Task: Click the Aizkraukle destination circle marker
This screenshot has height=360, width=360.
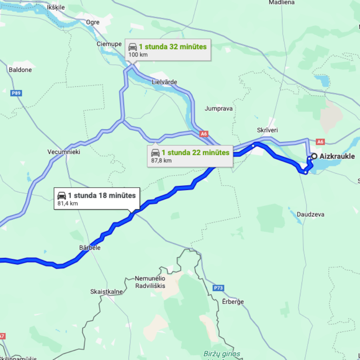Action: pos(314,156)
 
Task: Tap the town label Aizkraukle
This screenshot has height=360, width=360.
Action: pos(337,156)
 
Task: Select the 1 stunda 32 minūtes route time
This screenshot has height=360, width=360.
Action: pos(173,47)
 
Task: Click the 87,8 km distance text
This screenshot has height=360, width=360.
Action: pos(162,160)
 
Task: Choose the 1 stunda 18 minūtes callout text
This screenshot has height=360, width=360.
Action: pos(102,196)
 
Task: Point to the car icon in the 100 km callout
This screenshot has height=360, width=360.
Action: pos(132,47)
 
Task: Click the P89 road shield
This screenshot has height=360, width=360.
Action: pos(16,93)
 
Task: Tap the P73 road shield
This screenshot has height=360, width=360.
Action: pos(218,288)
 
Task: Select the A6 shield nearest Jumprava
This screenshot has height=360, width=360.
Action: pos(204,134)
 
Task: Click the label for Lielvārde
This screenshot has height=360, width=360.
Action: pos(164,82)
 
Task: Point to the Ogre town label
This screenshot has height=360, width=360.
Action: pos(93,22)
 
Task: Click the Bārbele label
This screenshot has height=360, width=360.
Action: pos(90,248)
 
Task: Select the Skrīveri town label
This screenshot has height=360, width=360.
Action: pos(267,130)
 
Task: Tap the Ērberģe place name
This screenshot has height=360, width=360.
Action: pos(233,302)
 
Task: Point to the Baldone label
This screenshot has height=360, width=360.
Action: pos(20,70)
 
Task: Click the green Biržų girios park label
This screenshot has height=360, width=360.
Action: pos(222,354)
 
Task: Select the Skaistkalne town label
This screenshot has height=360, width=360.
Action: pos(106,292)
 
